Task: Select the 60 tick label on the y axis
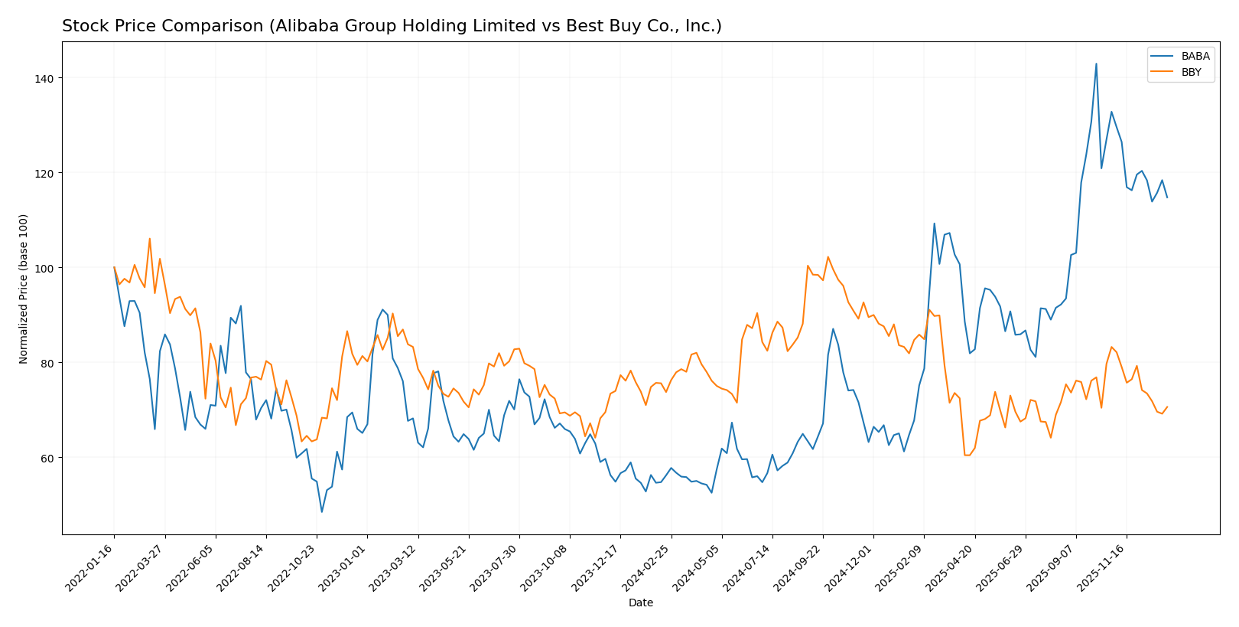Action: coord(47,458)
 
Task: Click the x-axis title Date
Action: coord(640,603)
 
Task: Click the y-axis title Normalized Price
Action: coord(24,289)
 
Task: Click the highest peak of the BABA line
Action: coord(1096,64)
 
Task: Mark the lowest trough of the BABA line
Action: coord(322,511)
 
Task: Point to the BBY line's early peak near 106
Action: coord(150,239)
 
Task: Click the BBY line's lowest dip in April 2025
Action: coord(967,455)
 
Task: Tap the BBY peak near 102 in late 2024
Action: coord(828,257)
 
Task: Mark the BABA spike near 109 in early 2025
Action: coord(934,224)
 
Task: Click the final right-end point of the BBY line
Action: coord(1167,407)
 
